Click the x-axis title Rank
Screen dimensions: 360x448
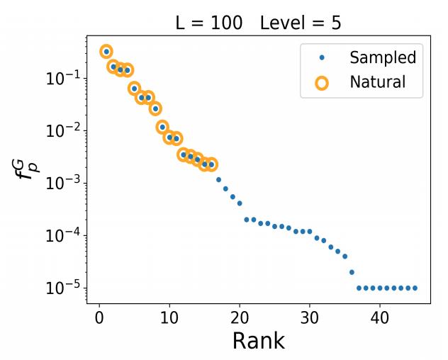click(258, 340)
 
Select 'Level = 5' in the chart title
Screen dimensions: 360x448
click(301, 23)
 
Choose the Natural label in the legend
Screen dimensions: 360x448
click(378, 81)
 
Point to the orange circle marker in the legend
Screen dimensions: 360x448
click(322, 82)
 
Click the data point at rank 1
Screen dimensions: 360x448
click(106, 51)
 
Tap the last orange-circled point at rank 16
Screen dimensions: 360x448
click(211, 164)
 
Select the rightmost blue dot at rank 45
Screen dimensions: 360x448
click(415, 288)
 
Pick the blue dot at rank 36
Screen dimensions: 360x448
click(352, 272)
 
